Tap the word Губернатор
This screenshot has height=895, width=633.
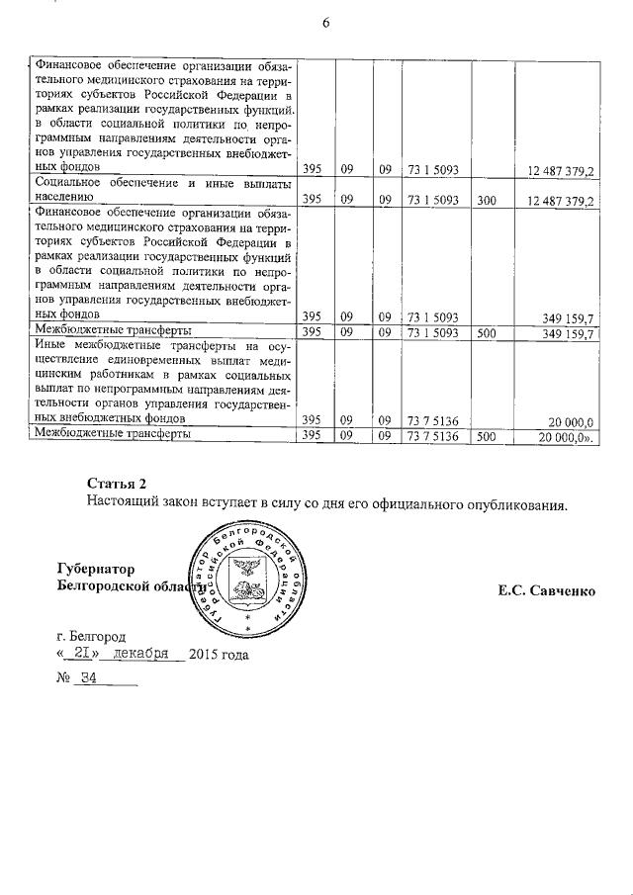coord(99,569)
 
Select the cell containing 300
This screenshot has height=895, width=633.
coord(486,200)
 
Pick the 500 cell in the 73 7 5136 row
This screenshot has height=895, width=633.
coord(486,436)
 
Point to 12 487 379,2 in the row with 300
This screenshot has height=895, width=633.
coord(560,200)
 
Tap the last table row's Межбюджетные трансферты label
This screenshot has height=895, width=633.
coord(113,435)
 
